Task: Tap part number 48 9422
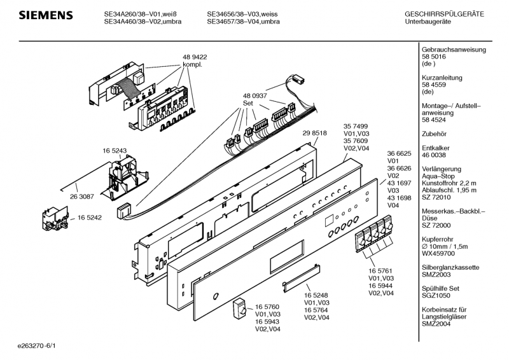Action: (195, 57)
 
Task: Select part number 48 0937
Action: (254, 95)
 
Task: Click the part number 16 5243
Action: (115, 151)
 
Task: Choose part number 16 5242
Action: (90, 218)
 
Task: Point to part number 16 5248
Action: (316, 295)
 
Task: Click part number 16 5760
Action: (267, 307)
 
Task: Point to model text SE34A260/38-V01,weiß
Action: (139, 13)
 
